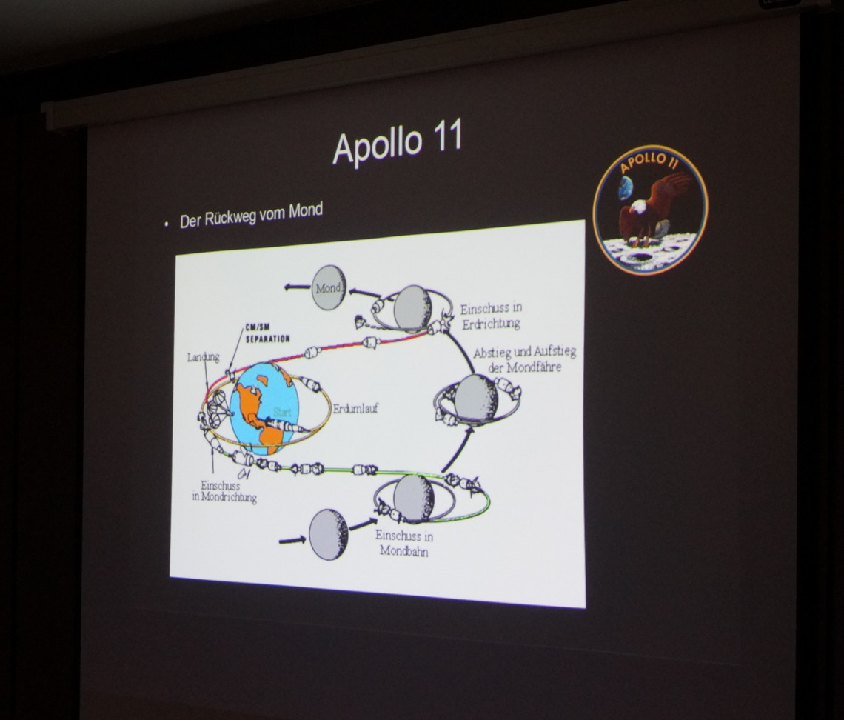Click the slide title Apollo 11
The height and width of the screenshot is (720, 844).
(398, 141)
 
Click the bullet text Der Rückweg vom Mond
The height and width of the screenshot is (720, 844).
(251, 215)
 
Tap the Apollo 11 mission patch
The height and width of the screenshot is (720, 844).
(650, 210)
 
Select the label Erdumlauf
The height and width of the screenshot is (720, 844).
(355, 408)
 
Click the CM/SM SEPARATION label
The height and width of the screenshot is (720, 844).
(267, 333)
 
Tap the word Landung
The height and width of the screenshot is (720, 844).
(204, 357)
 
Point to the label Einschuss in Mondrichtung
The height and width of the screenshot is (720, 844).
(224, 491)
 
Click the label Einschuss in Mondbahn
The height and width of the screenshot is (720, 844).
(404, 543)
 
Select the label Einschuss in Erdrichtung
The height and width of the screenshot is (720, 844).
(491, 316)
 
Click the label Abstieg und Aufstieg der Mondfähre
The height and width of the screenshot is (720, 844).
(525, 360)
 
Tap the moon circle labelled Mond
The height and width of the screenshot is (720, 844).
(329, 288)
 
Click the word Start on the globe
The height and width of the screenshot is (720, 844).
(283, 413)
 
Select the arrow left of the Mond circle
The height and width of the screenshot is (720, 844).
(297, 287)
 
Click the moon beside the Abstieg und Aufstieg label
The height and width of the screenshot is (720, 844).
(476, 399)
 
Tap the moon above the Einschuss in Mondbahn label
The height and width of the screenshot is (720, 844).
(414, 498)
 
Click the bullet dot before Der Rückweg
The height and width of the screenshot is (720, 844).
(167, 224)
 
